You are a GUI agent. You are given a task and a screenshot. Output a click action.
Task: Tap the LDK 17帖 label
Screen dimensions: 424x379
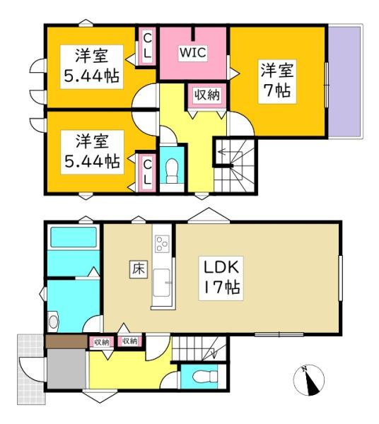(224, 278)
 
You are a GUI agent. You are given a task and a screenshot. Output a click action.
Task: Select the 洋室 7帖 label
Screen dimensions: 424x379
(276, 81)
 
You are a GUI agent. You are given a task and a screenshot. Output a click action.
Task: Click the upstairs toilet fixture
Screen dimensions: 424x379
(170, 168)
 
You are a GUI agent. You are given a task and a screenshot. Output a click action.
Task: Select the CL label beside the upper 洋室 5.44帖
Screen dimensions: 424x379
(148, 47)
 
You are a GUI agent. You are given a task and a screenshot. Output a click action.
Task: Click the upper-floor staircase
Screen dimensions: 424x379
(233, 160)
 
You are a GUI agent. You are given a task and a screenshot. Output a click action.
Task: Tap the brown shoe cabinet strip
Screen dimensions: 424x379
(66, 342)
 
